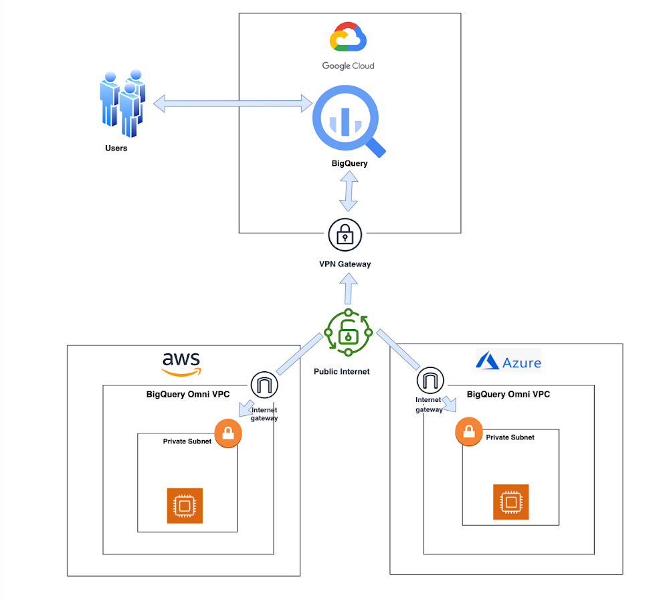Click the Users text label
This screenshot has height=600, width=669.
coord(116,148)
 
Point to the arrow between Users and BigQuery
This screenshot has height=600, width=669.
coord(233,104)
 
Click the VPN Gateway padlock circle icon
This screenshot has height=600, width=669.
coord(345,234)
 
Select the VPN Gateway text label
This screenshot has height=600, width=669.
coord(345,264)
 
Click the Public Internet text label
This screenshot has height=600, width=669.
coord(341,371)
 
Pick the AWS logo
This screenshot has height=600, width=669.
coord(181,363)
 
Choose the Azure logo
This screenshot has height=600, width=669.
coord(508,362)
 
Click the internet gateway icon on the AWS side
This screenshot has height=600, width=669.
coord(264,385)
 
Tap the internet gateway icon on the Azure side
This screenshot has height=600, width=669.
coord(430,381)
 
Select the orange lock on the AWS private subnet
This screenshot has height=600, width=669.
coord(227,434)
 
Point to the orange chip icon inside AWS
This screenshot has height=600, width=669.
coord(184,506)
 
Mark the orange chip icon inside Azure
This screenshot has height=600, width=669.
coord(510,502)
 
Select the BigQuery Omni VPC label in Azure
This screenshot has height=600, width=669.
coord(508,394)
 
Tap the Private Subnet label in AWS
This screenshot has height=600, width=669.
coord(187,441)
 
